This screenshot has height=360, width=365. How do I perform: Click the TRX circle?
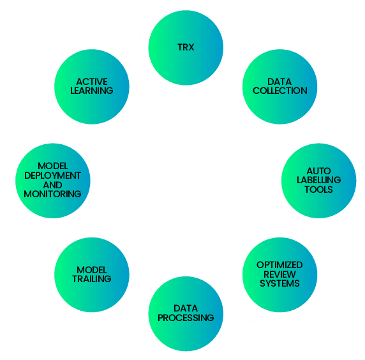pyautogui.click(x=186, y=48)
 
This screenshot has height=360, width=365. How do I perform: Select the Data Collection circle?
pyautogui.click(x=279, y=86)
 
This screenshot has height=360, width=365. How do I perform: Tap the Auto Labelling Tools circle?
pyautogui.click(x=318, y=181)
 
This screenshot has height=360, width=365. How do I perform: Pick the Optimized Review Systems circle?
pyautogui.click(x=279, y=274)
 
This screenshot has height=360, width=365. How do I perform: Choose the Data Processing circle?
pyautogui.click(x=186, y=313)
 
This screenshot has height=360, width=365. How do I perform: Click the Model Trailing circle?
pyautogui.click(x=92, y=274)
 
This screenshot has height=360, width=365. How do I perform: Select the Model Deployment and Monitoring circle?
pyautogui.click(x=52, y=181)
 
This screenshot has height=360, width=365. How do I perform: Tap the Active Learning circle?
pyautogui.click(x=92, y=86)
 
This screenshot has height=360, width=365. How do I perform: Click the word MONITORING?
pyautogui.click(x=52, y=193)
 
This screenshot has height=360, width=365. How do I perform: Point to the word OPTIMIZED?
pyautogui.click(x=279, y=265)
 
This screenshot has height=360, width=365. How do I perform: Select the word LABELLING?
pyautogui.click(x=319, y=181)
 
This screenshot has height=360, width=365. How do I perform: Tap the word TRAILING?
pyautogui.click(x=92, y=279)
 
